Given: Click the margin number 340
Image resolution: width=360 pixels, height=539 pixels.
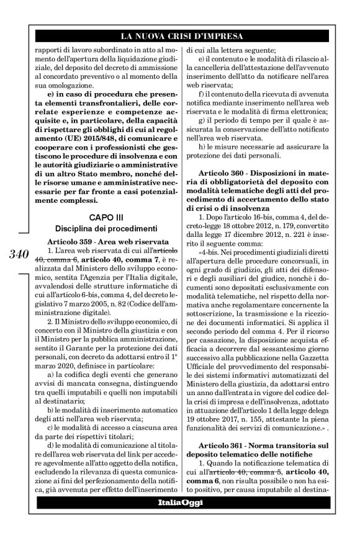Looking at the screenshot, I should [x=23, y=254].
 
